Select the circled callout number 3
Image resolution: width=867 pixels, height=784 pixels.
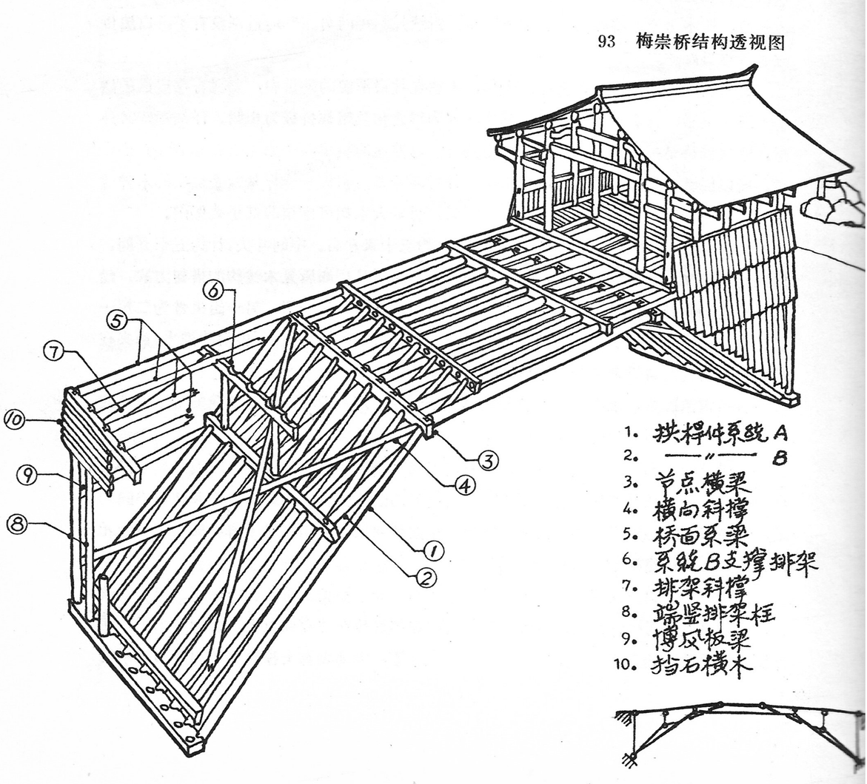pyautogui.click(x=486, y=462)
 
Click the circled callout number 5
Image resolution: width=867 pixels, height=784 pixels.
pyautogui.click(x=118, y=322)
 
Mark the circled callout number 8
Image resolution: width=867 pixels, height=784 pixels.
pyautogui.click(x=17, y=524)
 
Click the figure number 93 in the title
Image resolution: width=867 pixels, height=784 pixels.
pyautogui.click(x=606, y=42)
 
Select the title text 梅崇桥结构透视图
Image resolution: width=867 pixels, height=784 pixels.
pyautogui.click(x=709, y=42)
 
